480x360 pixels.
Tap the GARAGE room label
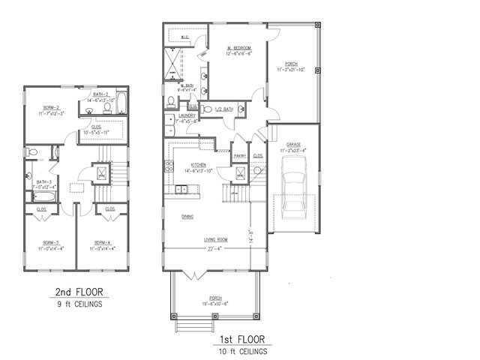click(x=291, y=145)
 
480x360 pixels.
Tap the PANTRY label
click(x=240, y=155)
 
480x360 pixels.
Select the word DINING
click(x=187, y=217)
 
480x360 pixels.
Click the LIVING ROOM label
click(x=216, y=240)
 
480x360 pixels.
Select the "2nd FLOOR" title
click(x=79, y=292)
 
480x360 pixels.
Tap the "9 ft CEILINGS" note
click(x=79, y=304)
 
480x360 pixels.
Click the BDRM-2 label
click(x=51, y=107)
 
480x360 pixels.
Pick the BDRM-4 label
click(x=103, y=242)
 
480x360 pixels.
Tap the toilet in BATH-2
click(x=107, y=108)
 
